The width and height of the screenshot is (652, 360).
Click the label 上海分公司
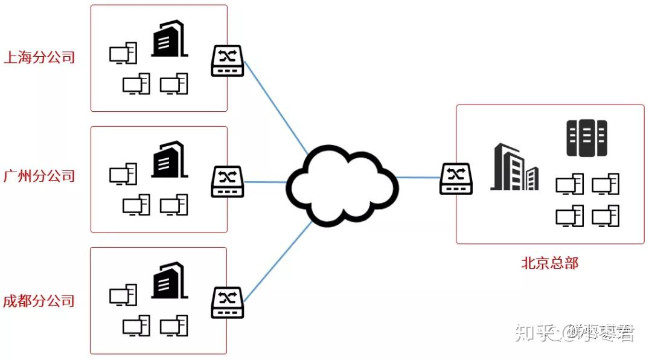point(39,58)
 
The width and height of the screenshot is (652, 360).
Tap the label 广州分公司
point(39,176)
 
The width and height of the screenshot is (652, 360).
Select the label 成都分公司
point(39,301)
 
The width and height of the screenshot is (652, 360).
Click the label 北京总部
point(549,263)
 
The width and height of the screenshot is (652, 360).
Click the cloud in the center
point(342,184)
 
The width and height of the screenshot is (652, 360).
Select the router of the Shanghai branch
point(227,61)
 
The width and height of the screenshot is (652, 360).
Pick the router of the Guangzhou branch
point(227,181)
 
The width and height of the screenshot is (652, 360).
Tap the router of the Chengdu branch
point(227,303)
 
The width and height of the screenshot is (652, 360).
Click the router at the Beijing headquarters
point(456,179)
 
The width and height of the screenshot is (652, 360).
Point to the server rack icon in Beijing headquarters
point(586,138)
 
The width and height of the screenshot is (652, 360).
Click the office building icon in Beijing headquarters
point(514,167)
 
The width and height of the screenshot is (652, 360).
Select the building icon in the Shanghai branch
point(168,39)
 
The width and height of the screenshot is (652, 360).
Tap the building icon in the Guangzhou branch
point(168,159)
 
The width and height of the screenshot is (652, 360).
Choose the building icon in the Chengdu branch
point(168,280)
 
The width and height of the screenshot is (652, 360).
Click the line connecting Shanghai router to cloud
point(275,106)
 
